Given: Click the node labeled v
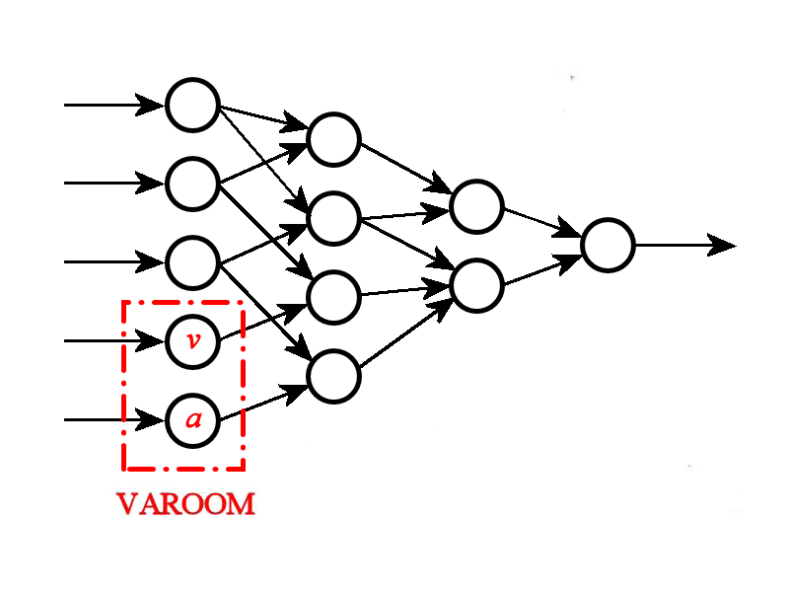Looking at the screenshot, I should point(192,341).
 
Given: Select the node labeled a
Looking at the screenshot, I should point(192,420).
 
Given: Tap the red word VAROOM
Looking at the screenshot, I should point(185,505).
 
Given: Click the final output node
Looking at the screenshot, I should point(608,245).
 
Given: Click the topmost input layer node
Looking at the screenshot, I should point(192,105).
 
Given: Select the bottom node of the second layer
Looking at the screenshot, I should point(333,376).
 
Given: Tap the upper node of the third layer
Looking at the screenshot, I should point(476,206).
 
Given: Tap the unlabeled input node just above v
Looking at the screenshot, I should point(192,262).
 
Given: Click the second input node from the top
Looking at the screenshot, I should point(192,184).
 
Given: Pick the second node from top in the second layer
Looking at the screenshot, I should point(333,218).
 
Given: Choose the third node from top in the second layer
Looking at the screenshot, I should point(333,295).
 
